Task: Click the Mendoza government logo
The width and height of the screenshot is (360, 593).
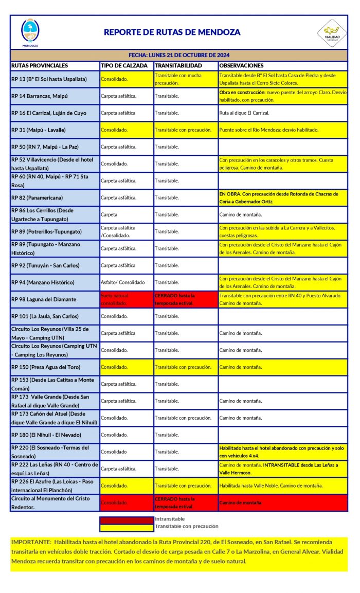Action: coord(30,31)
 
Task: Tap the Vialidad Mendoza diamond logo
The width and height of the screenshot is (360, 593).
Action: coord(332,32)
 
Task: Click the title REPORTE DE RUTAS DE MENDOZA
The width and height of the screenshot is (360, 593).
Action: coord(172,32)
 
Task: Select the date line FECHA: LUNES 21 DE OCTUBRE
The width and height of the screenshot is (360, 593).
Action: coord(178,55)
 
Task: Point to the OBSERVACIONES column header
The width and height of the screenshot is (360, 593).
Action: coord(241,66)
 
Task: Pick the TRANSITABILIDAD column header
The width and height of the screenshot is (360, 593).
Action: coord(178,66)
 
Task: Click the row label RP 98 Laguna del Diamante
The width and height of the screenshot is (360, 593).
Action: coord(44,299)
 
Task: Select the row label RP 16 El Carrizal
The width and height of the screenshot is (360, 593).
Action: coord(48,113)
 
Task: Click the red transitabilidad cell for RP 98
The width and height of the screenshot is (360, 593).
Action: coord(185,299)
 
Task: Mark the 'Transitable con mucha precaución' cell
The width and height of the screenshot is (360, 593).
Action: coord(185,79)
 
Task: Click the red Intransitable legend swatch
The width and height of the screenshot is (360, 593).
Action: coord(127,519)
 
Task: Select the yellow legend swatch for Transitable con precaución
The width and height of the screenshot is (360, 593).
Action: coord(127,527)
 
